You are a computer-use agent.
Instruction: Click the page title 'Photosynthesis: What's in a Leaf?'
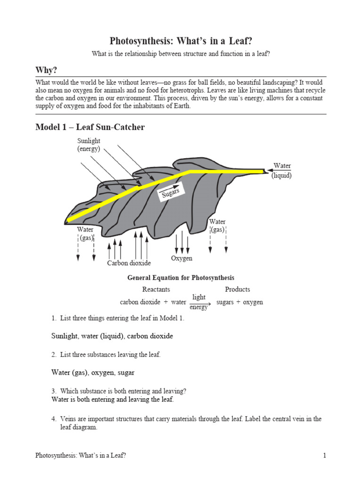(x=181, y=41)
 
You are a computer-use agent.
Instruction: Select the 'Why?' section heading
(x=46, y=70)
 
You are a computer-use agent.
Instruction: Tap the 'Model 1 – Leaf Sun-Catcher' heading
(x=90, y=127)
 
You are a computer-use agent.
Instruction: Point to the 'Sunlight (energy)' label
(x=89, y=145)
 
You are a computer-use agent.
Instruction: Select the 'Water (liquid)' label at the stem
(x=281, y=171)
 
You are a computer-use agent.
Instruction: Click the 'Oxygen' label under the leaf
(x=181, y=258)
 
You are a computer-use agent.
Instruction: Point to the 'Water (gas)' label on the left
(x=86, y=234)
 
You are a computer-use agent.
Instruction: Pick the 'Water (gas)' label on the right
(x=217, y=226)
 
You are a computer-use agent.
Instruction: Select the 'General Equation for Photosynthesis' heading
(x=181, y=278)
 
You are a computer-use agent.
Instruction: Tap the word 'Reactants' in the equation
(x=156, y=289)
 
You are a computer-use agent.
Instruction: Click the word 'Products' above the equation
(x=238, y=289)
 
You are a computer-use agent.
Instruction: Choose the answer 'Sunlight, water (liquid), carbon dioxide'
(x=112, y=336)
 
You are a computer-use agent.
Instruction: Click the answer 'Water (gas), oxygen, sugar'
(x=92, y=372)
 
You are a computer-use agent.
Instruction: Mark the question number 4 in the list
(x=54, y=418)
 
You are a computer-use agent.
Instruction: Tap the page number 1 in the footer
(x=324, y=455)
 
